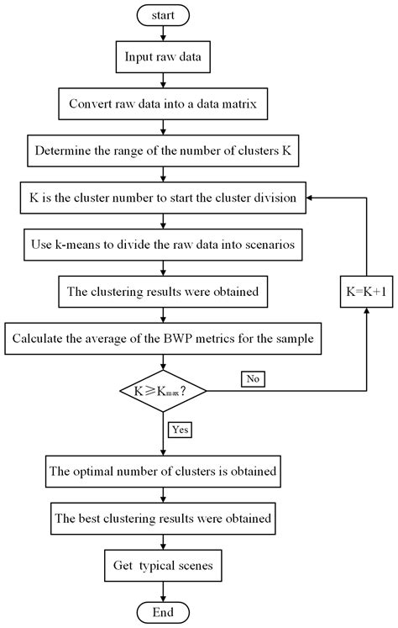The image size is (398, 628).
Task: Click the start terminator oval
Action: (x=163, y=15)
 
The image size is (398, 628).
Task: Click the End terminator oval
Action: (x=163, y=611)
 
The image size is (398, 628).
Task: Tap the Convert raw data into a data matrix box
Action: (x=163, y=108)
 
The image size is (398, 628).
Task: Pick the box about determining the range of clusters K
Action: (x=163, y=154)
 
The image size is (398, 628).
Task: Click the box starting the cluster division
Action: (x=163, y=200)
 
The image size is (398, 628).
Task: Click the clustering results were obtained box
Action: (x=163, y=293)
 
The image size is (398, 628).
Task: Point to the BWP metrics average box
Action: (x=163, y=340)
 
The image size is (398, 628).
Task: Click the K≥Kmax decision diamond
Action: (x=163, y=390)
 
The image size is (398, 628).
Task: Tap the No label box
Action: (x=254, y=379)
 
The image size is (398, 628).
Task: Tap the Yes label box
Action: (x=181, y=430)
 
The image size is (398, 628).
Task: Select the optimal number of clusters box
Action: (x=163, y=472)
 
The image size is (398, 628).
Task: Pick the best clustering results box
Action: (x=163, y=519)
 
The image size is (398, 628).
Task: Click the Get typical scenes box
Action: (x=163, y=565)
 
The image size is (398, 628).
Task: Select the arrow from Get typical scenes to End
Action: (x=163, y=590)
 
